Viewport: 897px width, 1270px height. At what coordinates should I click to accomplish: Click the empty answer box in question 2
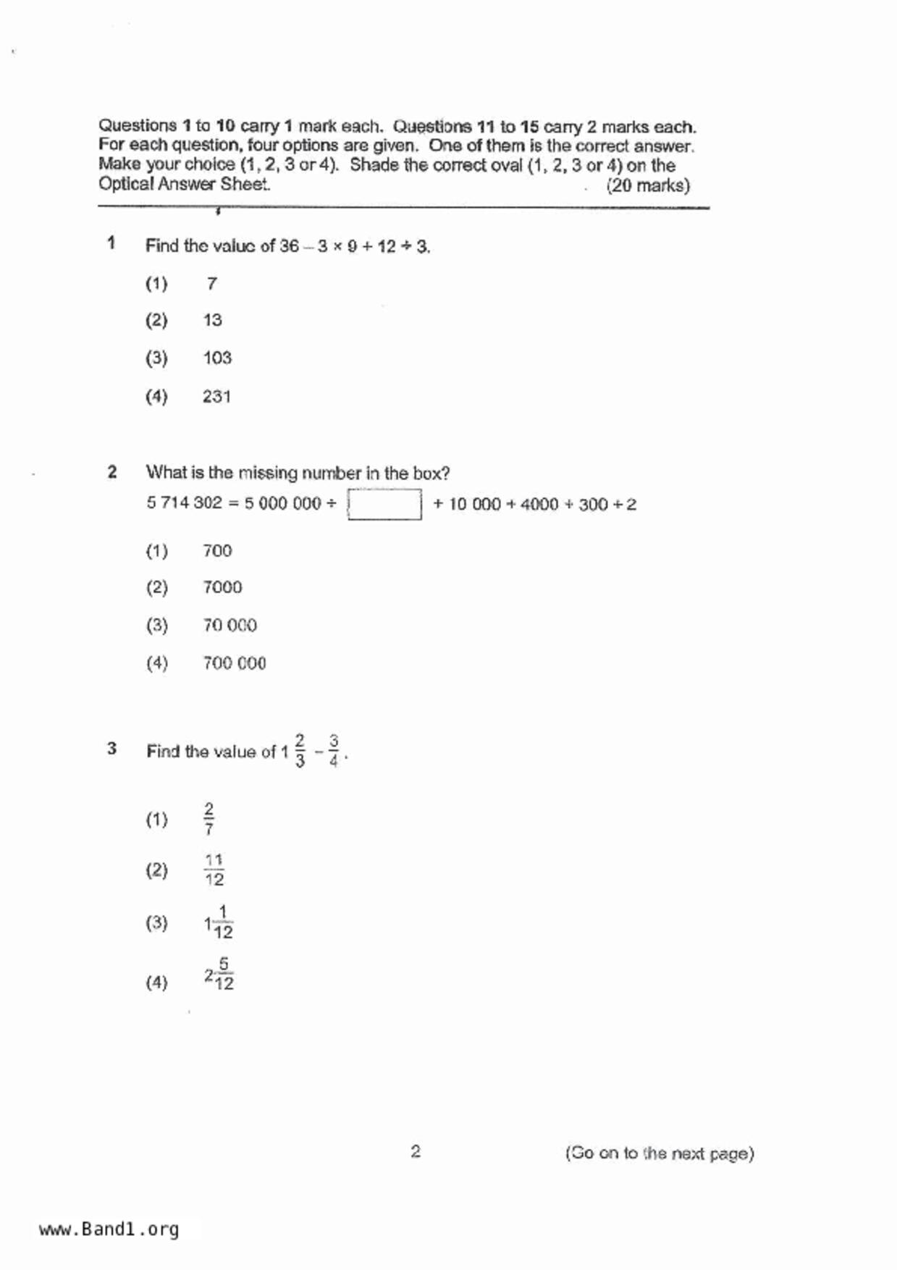[x=384, y=504]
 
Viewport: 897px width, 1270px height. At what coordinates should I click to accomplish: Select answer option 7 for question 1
[x=211, y=283]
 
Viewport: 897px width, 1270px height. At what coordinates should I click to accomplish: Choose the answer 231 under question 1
[x=216, y=396]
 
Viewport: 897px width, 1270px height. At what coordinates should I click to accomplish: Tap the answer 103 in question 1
[x=217, y=358]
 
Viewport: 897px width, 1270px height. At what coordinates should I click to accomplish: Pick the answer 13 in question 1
[x=212, y=320]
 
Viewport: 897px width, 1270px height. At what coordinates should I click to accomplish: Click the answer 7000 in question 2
[x=222, y=587]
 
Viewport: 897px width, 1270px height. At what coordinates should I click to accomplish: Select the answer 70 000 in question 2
[x=229, y=625]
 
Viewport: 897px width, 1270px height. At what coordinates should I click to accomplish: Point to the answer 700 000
[x=234, y=663]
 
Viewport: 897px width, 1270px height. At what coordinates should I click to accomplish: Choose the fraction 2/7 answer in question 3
[x=209, y=818]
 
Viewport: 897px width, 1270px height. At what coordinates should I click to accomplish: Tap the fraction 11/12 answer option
[x=214, y=870]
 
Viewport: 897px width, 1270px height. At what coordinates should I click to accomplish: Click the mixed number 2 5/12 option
[x=219, y=974]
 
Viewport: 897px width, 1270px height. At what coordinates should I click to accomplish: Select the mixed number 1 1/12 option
[x=219, y=922]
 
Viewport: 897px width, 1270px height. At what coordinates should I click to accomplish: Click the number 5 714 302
[x=184, y=502]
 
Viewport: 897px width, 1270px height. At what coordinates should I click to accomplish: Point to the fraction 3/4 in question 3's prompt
[x=333, y=751]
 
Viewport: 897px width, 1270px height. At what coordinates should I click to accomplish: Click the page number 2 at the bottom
[x=416, y=1151]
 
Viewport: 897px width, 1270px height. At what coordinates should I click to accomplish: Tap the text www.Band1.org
[x=109, y=1229]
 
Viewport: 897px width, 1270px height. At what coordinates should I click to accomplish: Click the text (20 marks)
[x=648, y=185]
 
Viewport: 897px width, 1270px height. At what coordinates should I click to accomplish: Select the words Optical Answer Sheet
[x=184, y=184]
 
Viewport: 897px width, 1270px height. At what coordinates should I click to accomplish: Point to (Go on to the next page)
[x=660, y=1153]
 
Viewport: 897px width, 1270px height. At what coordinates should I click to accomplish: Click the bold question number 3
[x=111, y=749]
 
